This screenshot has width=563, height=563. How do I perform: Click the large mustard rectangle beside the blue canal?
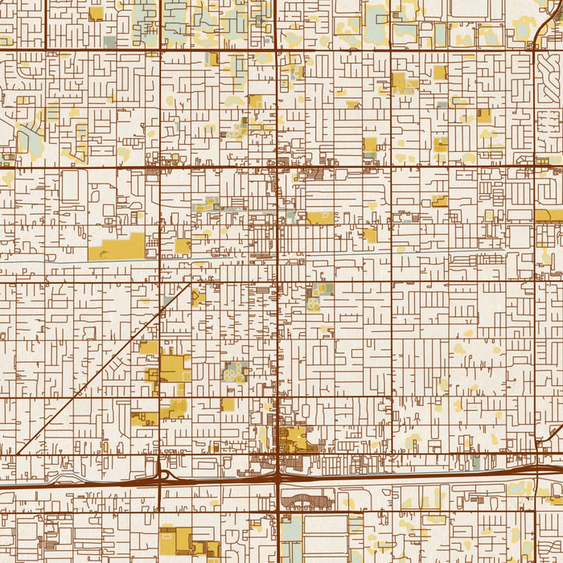117,248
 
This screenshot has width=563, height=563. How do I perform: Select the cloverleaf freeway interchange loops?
164,475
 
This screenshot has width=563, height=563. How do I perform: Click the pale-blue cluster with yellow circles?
234,372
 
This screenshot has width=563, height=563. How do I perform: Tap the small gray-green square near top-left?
109,41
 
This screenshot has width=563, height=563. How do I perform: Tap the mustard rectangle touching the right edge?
549,216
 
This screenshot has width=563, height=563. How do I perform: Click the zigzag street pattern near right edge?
546,121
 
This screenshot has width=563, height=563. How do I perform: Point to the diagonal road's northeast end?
191,283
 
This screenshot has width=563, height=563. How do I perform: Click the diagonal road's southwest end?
18,454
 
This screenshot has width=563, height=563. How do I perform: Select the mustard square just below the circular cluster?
228,404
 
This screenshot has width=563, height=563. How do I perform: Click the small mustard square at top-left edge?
96,13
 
